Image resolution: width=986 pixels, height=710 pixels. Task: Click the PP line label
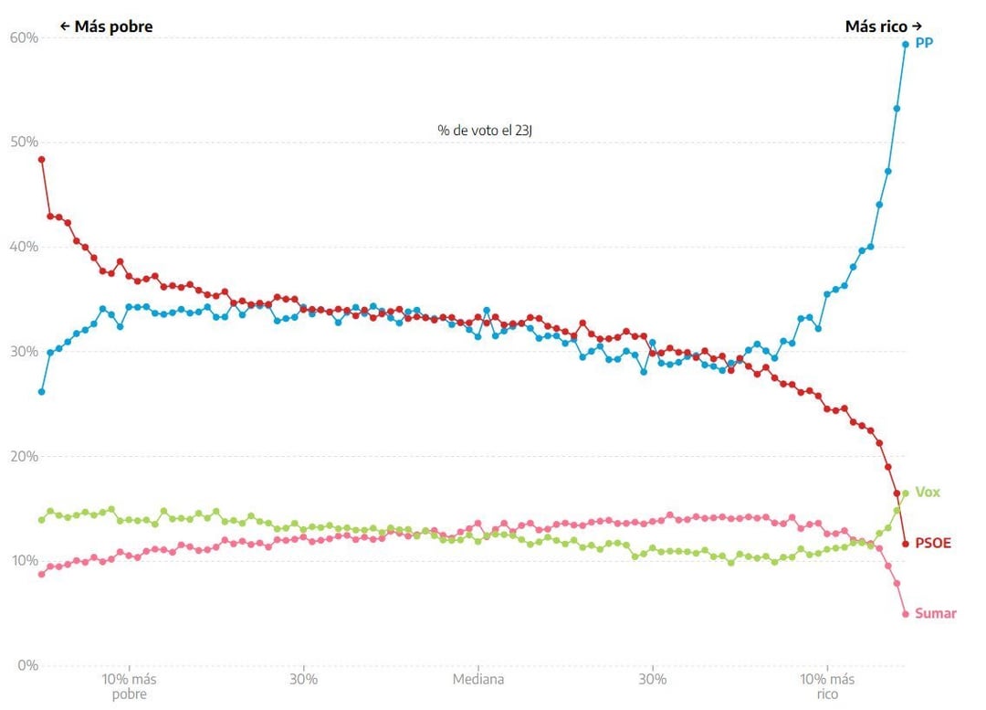pyautogui.click(x=924, y=43)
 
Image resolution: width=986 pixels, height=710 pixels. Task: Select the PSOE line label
pyautogui.click(x=933, y=544)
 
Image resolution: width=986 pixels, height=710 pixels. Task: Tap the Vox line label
pyautogui.click(x=928, y=493)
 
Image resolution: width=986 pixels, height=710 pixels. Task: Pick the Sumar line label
pyautogui.click(x=936, y=614)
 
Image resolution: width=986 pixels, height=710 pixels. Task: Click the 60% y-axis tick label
pyautogui.click(x=24, y=37)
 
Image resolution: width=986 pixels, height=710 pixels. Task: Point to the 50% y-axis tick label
pyautogui.click(x=24, y=142)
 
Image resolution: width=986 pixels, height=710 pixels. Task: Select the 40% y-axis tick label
pyautogui.click(x=24, y=247)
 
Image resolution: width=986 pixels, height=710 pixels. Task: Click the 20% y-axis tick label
pyautogui.click(x=24, y=456)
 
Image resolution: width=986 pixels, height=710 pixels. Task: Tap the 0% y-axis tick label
pyautogui.click(x=27, y=665)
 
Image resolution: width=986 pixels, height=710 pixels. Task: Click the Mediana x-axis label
pyautogui.click(x=478, y=680)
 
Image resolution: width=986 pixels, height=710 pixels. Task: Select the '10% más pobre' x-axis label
pyautogui.click(x=129, y=686)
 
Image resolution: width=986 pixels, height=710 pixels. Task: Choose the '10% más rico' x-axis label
pyautogui.click(x=827, y=686)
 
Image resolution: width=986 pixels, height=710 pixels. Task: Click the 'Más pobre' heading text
pyautogui.click(x=107, y=26)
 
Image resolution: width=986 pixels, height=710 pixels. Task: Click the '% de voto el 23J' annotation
pyautogui.click(x=485, y=131)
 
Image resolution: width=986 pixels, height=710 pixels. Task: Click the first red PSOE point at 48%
pyautogui.click(x=41, y=159)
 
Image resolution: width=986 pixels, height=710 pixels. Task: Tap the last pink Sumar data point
pyautogui.click(x=906, y=614)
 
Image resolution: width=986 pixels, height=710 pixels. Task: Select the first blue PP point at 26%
pyautogui.click(x=41, y=391)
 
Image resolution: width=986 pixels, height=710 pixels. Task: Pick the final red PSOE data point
pyautogui.click(x=906, y=544)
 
